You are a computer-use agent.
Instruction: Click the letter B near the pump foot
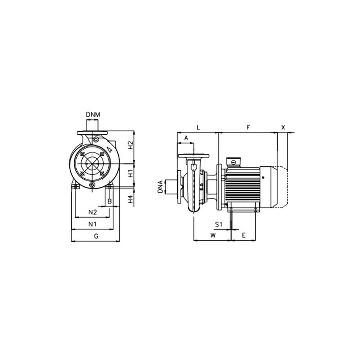point(109,201)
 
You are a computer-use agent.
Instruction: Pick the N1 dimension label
point(93,224)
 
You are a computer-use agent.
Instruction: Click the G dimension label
point(96,236)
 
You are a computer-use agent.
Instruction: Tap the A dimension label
point(186,138)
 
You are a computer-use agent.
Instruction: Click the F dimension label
point(249,127)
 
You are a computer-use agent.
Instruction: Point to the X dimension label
point(283,127)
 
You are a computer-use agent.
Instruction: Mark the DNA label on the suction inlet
point(160,187)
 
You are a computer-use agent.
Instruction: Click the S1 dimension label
point(219,223)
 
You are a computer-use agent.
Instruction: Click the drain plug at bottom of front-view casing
point(93,185)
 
